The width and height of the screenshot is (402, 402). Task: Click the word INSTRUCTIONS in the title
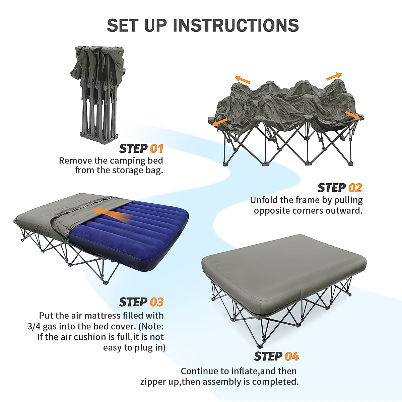[x=236, y=25]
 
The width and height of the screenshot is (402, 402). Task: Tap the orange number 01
[x=157, y=149]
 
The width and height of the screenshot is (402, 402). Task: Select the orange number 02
[x=355, y=188]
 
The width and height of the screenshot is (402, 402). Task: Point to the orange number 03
[x=157, y=302]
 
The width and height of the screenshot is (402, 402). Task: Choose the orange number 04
[x=292, y=356]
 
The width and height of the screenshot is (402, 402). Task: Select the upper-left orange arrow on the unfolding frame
[x=242, y=79]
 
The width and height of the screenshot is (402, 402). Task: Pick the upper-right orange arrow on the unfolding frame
[x=334, y=76]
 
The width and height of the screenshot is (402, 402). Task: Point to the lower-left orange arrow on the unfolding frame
[x=220, y=122]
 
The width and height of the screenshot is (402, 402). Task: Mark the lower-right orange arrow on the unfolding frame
[x=352, y=115]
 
